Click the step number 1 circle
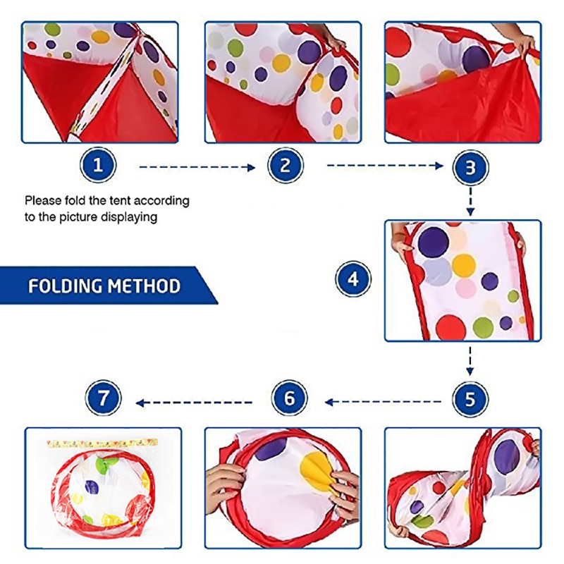coord(98,166)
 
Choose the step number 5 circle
coord(470,400)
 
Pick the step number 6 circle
coord(290,400)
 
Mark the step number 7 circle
coord(104,400)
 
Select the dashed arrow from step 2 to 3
coord(384,167)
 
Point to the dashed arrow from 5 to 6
coord(384,403)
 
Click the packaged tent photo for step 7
coord(103,486)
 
